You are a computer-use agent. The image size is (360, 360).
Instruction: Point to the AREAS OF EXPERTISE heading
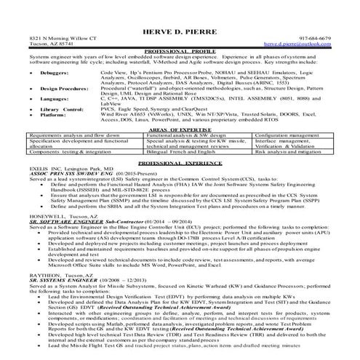point(179,148)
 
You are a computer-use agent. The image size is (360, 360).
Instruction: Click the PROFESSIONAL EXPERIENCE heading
point(180,185)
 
